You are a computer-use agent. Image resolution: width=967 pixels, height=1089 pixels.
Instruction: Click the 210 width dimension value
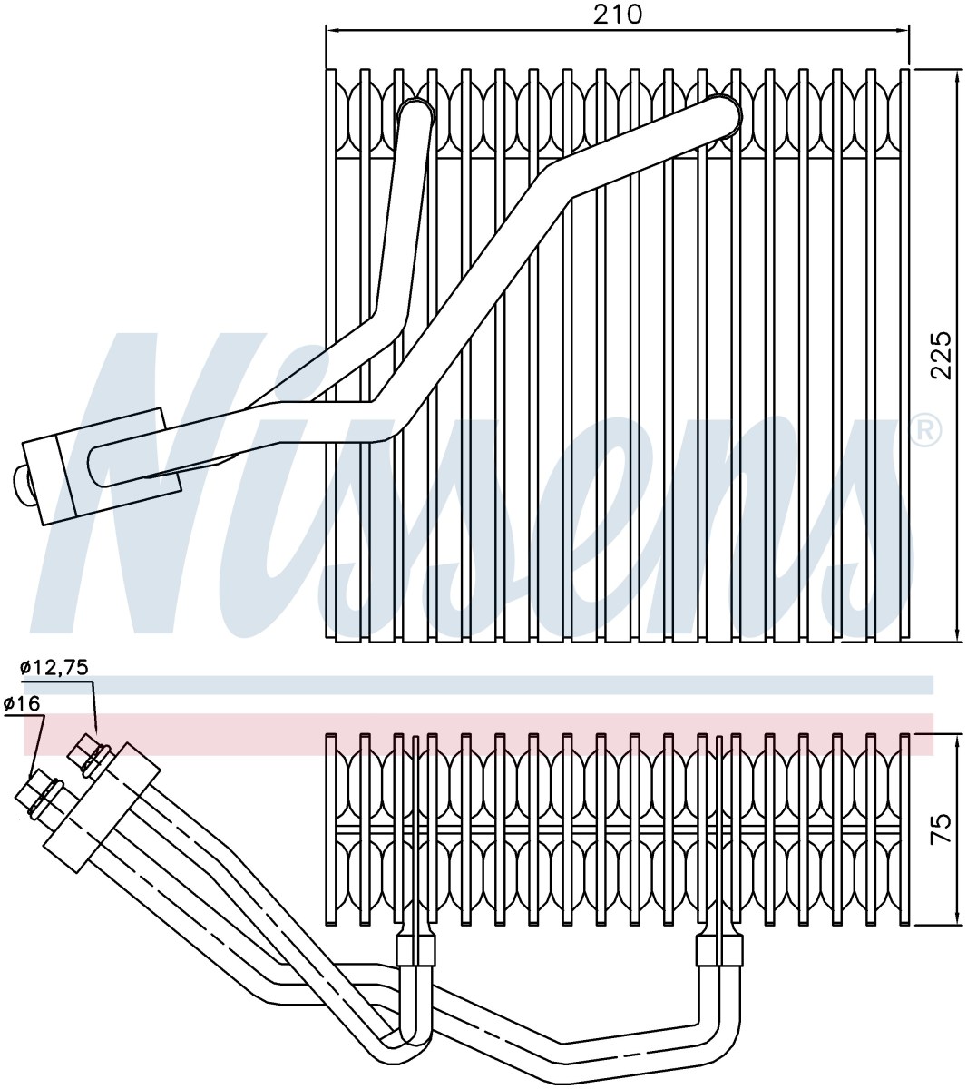[617, 15]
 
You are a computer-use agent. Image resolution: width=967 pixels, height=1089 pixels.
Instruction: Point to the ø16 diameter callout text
[22, 703]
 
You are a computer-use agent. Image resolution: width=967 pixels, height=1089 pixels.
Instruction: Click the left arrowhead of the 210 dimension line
[334, 31]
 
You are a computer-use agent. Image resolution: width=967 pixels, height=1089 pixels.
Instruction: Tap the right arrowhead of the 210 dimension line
[901, 31]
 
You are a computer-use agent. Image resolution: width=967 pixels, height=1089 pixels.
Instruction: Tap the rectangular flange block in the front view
[103, 466]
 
